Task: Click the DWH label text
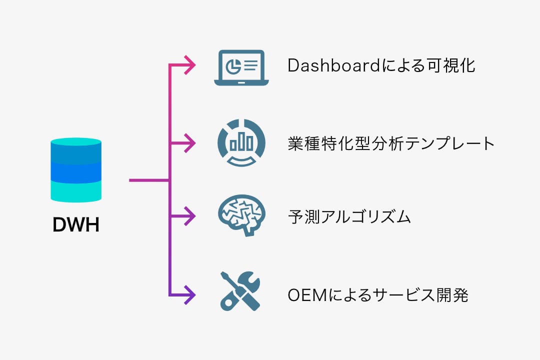76,224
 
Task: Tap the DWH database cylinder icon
76,170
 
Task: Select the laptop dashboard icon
241,68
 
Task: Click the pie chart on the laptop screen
233,66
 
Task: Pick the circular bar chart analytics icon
241,142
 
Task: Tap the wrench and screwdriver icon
240,291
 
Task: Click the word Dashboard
333,65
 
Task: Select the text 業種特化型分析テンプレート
391,143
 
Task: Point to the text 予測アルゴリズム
349,217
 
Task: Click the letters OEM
307,295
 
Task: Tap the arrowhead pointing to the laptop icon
190,65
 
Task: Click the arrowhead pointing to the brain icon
190,216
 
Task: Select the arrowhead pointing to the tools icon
190,295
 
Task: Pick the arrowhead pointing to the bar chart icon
190,143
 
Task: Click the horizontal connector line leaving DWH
149,180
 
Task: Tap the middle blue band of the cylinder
76,172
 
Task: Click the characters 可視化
451,65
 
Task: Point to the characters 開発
452,295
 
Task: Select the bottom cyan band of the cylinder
76,191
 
